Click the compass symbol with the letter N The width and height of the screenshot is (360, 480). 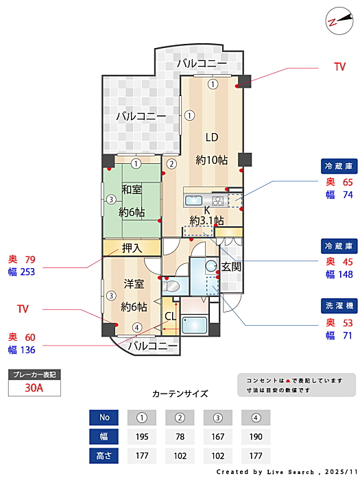339,21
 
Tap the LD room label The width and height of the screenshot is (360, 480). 212,137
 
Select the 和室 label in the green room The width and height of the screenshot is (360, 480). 132,189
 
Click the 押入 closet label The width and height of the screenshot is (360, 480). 132,248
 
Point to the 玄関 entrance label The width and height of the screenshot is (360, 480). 231,267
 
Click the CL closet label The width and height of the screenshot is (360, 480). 171,316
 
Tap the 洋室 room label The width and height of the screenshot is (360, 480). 134,284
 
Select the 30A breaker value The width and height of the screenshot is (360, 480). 34,388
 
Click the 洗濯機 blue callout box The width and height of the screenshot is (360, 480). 339,306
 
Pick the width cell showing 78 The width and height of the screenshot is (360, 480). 180,437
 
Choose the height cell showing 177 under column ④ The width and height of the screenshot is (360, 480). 256,456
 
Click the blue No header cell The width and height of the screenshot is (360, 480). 104,418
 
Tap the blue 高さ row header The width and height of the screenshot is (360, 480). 104,456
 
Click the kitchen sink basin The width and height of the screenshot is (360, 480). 194,201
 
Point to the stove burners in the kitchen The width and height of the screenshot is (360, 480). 218,201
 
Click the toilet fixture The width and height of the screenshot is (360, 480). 171,286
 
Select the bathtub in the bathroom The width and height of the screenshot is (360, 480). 194,325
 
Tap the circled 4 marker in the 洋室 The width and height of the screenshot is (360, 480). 137,328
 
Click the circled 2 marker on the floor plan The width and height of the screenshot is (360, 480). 171,164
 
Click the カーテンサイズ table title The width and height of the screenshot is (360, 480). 180,394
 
